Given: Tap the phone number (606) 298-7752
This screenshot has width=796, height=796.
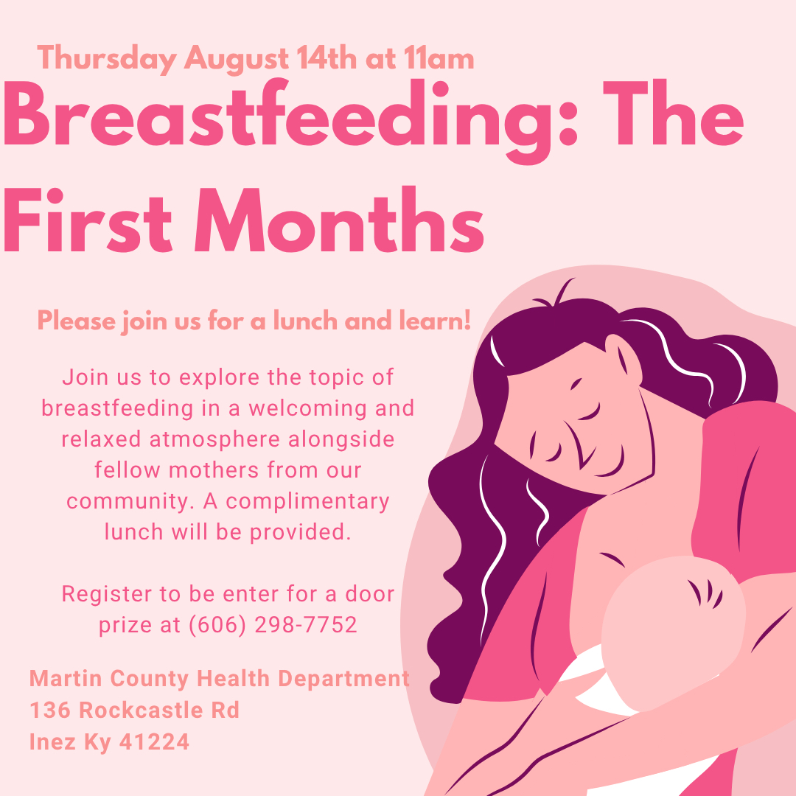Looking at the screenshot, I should (273, 625).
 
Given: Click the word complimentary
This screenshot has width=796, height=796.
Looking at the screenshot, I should (307, 501).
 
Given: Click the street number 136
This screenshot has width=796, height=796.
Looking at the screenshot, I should (50, 711).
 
